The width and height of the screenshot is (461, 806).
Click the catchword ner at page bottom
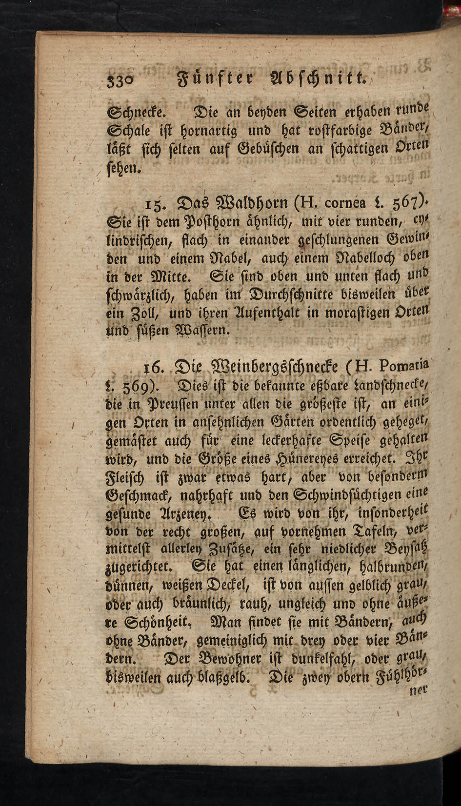point(418,690)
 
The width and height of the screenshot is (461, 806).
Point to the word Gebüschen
point(264,149)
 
